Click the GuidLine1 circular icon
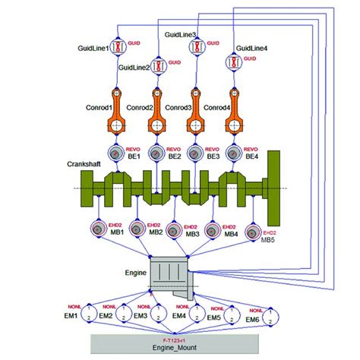(119, 47)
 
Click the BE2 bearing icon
(157, 155)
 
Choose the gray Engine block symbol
(169, 275)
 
